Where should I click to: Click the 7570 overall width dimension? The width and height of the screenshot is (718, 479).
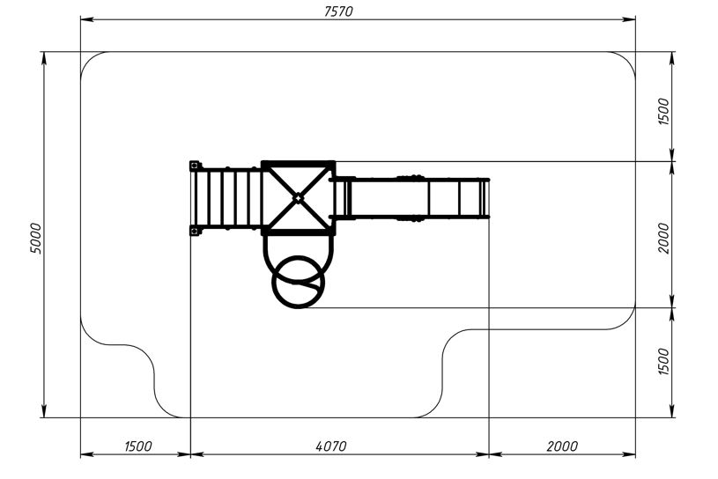pos(338,11)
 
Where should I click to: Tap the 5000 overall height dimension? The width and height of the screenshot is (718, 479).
pos(36,239)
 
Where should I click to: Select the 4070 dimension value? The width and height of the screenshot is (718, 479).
pos(331,446)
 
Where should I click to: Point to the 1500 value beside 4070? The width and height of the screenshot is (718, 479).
pos(137,446)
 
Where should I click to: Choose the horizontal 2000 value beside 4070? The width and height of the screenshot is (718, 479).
pos(562,446)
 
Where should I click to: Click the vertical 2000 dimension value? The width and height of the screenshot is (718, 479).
pos(663,239)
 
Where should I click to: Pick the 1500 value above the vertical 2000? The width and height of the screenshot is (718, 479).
pos(663,112)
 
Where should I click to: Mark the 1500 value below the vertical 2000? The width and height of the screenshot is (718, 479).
pos(663,361)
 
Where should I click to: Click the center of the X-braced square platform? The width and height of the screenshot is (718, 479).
pos(298,198)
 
